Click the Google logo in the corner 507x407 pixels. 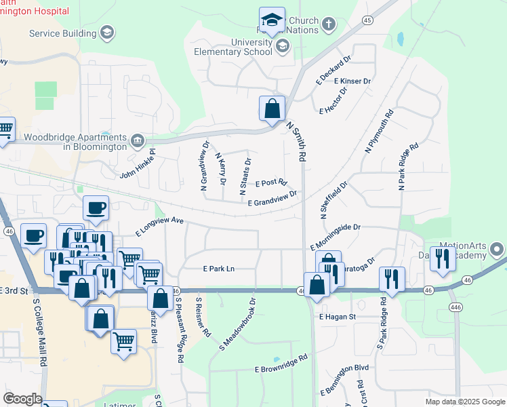pos(22,399)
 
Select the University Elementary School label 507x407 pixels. pos(232,46)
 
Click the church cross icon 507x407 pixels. pos(328,25)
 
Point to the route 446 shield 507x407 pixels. pos(453,307)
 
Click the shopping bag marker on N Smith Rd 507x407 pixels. pos(272,109)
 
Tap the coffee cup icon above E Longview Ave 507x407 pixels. pos(96,208)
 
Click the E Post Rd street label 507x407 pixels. pos(272,183)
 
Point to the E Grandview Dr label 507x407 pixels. pos(272,198)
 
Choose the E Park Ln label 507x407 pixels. pos(218,269)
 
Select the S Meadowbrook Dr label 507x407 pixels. pos(237,324)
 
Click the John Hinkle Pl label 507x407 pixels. pos(138,165)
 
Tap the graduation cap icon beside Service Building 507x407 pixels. pos(106,33)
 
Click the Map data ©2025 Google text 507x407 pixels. pos(464,402)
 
